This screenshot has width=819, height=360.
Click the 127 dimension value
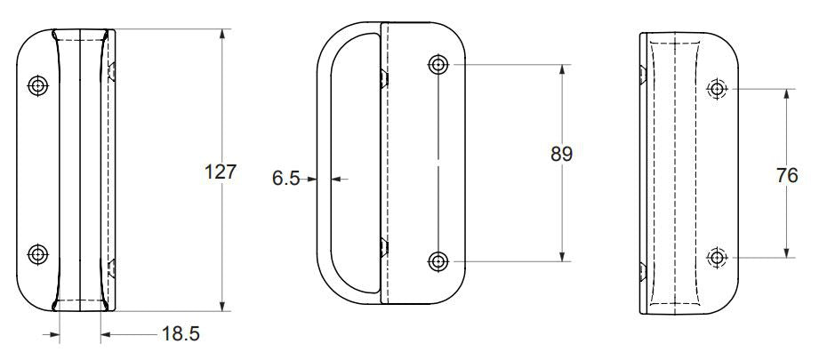(x=221, y=172)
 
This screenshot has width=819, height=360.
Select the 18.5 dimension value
(x=181, y=334)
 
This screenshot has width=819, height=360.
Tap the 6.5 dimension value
(x=285, y=179)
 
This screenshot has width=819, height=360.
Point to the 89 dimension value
(x=561, y=155)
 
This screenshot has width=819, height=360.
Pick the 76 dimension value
(x=787, y=176)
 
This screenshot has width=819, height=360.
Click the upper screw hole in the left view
(x=37, y=85)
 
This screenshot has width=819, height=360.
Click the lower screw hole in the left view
(x=37, y=254)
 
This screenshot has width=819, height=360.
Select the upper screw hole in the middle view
(x=438, y=65)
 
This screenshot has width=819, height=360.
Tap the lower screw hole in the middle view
(x=438, y=260)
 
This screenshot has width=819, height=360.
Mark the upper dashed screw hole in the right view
(x=717, y=89)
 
